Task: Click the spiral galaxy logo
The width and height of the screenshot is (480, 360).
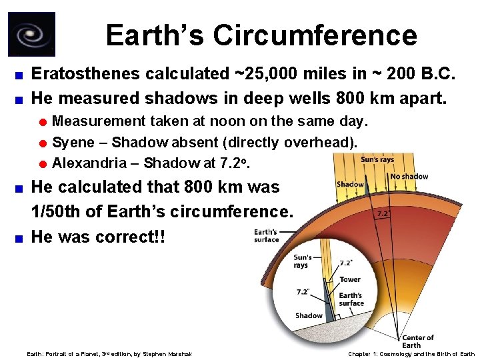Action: [31, 35]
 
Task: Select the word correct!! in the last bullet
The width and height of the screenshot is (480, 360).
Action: [133, 237]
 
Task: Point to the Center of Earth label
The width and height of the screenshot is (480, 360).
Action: [418, 341]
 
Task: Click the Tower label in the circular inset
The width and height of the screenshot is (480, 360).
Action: [349, 280]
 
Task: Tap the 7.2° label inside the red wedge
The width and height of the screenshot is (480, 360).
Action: [383, 215]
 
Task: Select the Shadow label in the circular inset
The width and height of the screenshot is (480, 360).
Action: [309, 316]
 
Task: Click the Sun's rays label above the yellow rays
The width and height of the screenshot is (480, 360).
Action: [378, 160]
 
